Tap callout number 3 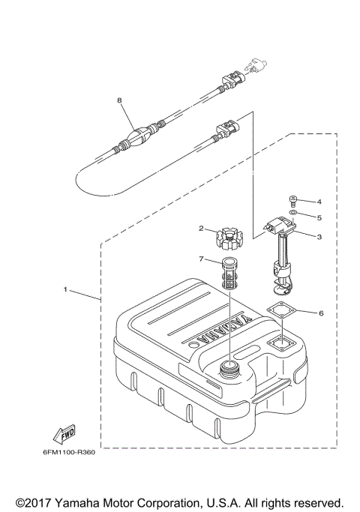319,236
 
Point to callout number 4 319,202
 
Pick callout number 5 319,217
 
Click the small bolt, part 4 293,201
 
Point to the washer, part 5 293,214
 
